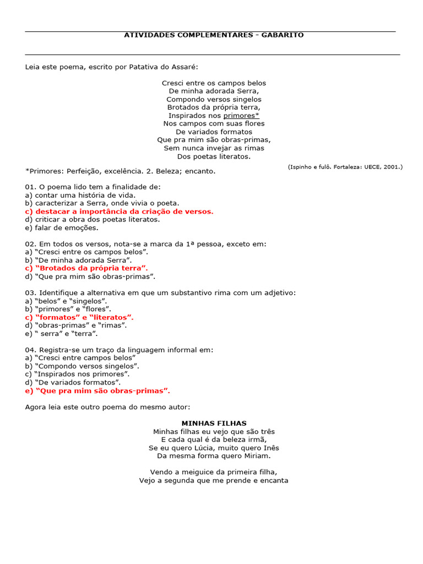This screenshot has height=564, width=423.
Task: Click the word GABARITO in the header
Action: [281, 35]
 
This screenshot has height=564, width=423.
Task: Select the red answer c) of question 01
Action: [119, 211]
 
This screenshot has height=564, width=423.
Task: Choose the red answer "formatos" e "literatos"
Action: [79, 317]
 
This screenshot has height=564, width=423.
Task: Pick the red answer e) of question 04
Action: [97, 391]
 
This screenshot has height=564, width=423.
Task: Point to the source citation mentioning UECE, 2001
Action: [345, 166]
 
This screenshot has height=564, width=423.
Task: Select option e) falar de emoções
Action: [62, 227]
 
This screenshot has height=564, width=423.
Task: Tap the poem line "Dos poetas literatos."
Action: [214, 156]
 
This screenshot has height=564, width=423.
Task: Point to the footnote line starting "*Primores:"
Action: [121, 171]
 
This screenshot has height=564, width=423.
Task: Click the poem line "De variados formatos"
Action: [214, 132]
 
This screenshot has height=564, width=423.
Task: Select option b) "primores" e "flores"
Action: [68, 309]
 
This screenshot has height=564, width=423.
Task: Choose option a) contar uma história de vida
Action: [80, 195]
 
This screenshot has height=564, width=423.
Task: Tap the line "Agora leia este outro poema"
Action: [107, 407]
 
